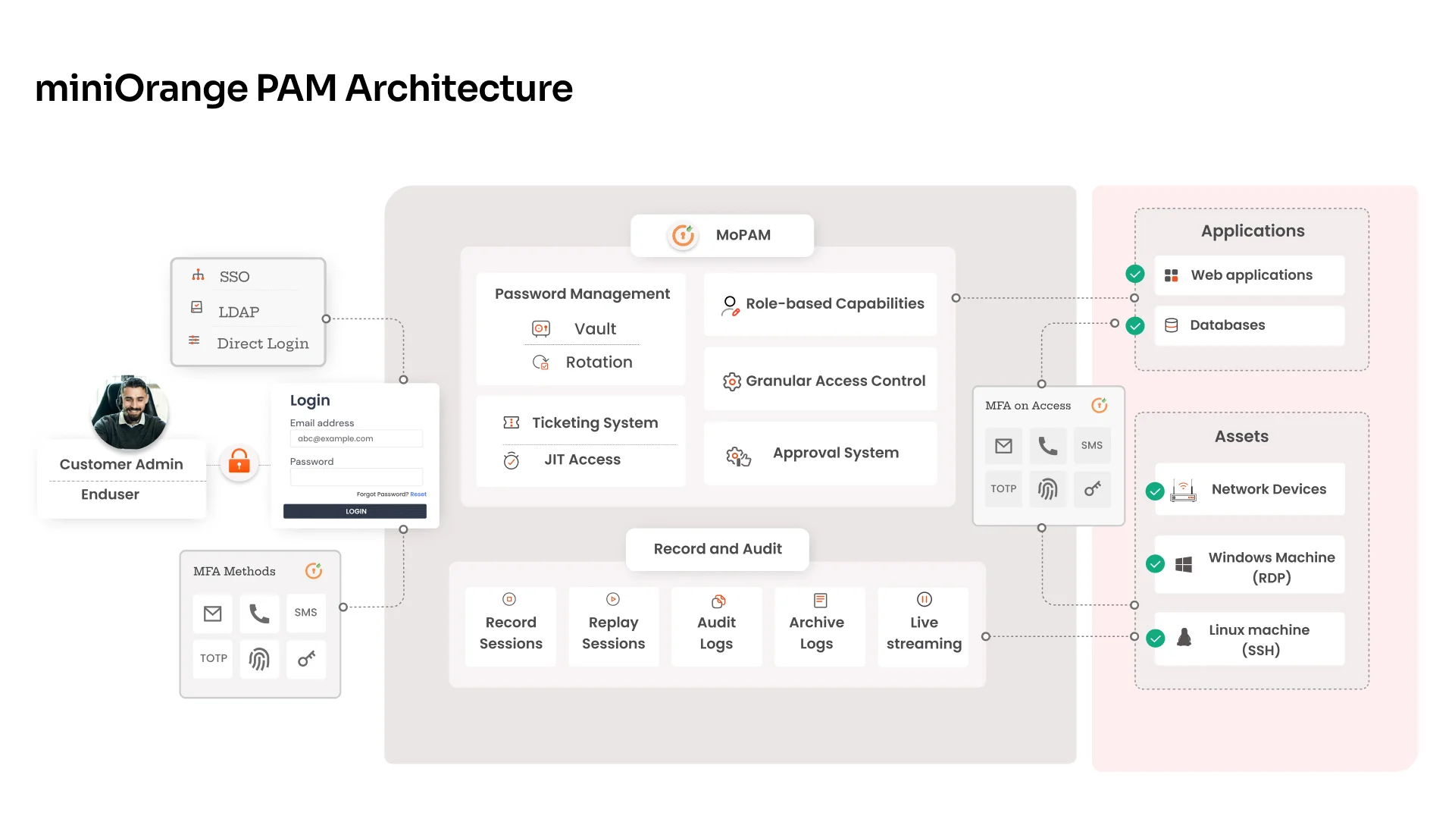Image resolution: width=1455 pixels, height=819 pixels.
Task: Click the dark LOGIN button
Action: click(x=355, y=511)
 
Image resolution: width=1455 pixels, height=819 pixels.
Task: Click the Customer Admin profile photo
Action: click(x=130, y=412)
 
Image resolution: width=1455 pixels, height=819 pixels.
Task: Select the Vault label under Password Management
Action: click(x=595, y=328)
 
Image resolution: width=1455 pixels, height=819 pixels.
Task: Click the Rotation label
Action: click(x=599, y=362)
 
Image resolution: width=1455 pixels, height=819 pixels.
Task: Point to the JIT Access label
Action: click(x=582, y=459)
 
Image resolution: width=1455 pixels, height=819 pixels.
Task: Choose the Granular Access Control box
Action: click(x=821, y=380)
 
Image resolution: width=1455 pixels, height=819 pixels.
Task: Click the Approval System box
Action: click(x=821, y=453)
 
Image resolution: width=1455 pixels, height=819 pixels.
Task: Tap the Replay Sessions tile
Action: click(x=613, y=626)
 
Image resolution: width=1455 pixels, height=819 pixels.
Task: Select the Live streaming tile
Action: click(x=923, y=626)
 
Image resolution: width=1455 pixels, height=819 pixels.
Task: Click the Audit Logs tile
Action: click(x=716, y=626)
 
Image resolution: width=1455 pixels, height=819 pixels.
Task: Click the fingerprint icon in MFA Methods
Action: click(x=259, y=658)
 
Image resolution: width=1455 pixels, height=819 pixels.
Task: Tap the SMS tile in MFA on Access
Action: click(x=1091, y=445)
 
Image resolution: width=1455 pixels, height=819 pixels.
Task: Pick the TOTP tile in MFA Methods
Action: click(x=213, y=658)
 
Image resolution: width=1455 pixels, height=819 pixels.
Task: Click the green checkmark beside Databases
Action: click(x=1134, y=325)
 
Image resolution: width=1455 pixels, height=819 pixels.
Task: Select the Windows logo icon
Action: click(x=1183, y=564)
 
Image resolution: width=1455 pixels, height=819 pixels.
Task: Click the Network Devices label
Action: click(x=1269, y=489)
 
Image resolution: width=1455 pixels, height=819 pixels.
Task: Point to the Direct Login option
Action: click(x=262, y=344)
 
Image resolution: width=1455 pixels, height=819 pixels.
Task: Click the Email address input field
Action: click(x=356, y=438)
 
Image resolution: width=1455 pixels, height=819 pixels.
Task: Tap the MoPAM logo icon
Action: click(x=683, y=235)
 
